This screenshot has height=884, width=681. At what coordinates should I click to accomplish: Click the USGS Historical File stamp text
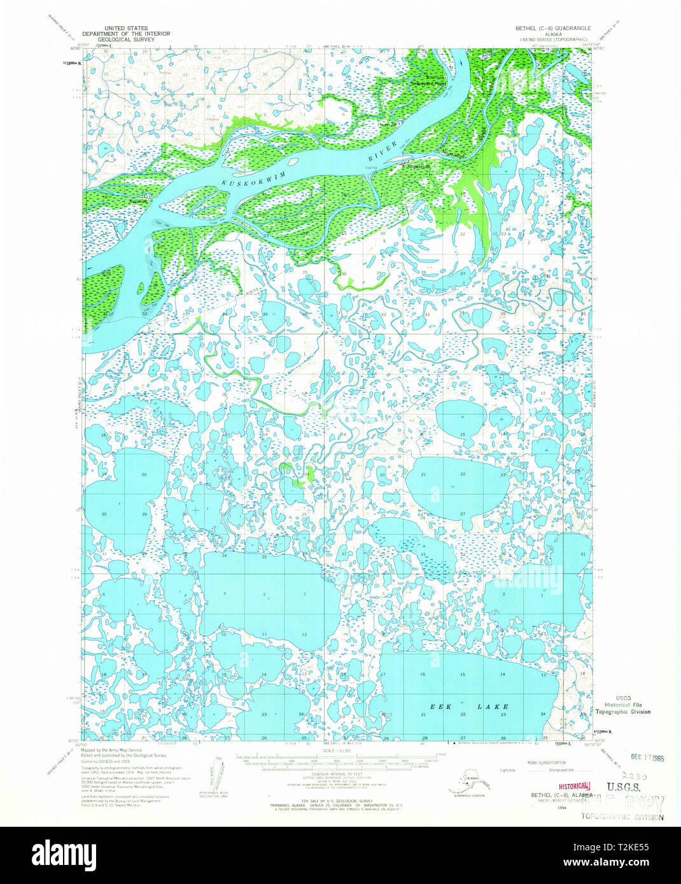(622, 705)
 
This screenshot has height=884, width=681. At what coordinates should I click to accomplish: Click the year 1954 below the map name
(543, 806)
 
